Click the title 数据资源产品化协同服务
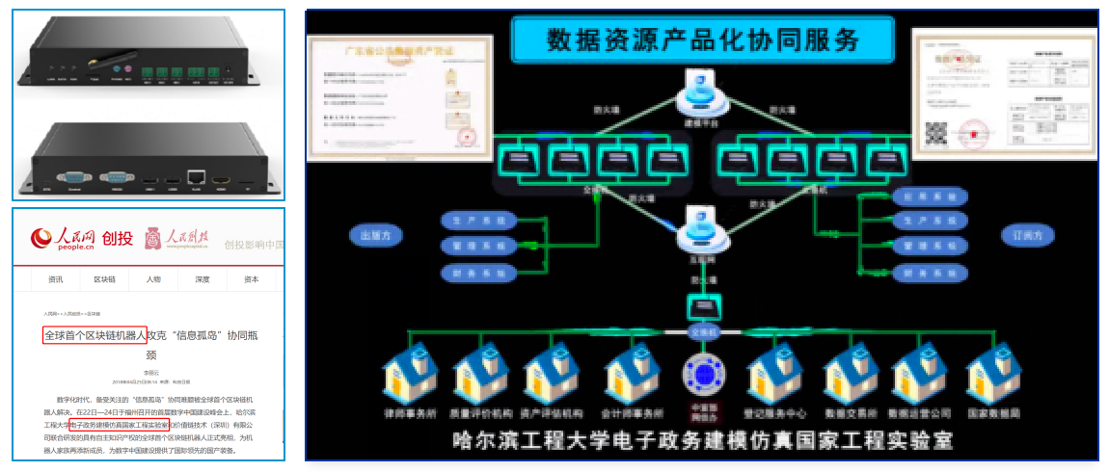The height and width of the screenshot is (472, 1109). (702, 39)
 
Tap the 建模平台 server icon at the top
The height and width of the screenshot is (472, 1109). (702, 92)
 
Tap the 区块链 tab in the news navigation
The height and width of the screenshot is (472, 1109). (104, 279)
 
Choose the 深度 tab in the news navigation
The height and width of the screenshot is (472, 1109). (203, 279)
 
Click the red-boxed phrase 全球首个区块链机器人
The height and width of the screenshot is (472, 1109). (95, 336)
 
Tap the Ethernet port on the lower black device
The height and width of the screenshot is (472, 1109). (196, 176)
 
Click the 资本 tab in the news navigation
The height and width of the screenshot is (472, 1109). (251, 279)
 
